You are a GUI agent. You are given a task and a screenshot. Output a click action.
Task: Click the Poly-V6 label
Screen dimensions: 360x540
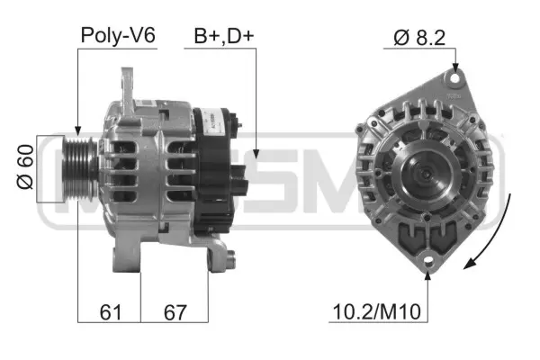[118, 36]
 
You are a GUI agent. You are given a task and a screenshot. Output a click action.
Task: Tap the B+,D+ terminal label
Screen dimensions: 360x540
[223, 36]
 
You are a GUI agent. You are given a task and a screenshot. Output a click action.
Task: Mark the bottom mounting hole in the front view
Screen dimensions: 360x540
[428, 261]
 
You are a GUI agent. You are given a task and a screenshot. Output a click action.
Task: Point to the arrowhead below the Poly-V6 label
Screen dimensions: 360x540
[78, 130]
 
